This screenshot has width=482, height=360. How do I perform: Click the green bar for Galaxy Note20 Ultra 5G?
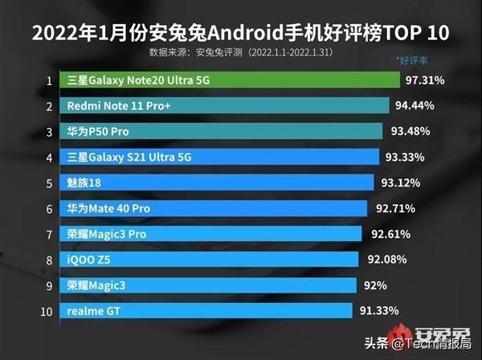pos(233,80)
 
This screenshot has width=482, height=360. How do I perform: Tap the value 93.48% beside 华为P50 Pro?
pos(410,131)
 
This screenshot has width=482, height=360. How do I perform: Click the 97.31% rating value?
pos(427,80)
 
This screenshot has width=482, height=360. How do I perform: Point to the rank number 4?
pos(49,157)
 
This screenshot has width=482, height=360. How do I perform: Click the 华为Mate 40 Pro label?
pos(109,208)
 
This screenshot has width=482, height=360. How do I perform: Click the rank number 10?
pos(49,310)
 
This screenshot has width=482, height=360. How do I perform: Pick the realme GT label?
pos(95,310)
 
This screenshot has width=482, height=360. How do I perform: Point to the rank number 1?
pos(49,80)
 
